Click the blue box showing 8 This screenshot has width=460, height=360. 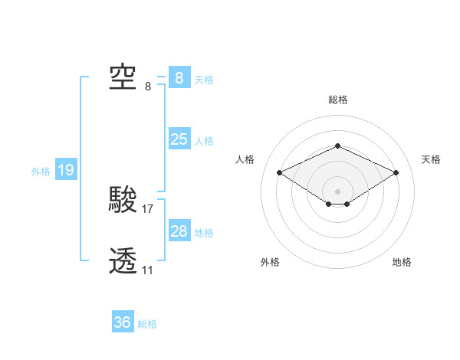[x=179, y=77]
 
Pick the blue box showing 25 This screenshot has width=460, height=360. [x=179, y=139]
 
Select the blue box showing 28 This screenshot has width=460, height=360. [x=179, y=231]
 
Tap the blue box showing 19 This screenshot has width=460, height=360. [x=66, y=170]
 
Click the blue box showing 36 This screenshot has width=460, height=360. [x=123, y=322]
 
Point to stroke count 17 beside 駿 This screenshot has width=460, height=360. [x=148, y=208]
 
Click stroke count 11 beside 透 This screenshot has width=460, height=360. [x=147, y=270]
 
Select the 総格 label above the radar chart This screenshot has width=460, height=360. [x=337, y=100]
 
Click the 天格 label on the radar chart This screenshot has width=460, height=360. [x=431, y=159]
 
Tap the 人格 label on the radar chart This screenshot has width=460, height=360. [x=245, y=159]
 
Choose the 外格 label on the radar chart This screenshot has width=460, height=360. [x=270, y=262]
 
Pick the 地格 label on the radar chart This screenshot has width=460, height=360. [x=402, y=262]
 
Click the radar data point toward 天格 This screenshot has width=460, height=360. [x=396, y=172]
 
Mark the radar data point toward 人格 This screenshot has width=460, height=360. [x=280, y=172]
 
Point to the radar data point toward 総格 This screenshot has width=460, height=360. [x=337, y=146]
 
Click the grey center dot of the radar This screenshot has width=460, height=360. [x=337, y=191]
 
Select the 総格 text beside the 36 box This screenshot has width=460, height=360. [x=147, y=324]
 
